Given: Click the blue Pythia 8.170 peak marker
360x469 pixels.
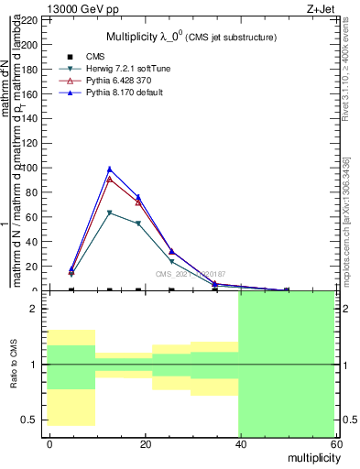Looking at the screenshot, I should [x=110, y=169].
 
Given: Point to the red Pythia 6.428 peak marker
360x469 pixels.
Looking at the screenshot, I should [x=110, y=179].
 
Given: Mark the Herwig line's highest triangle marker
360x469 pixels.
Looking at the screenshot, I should [x=110, y=213].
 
